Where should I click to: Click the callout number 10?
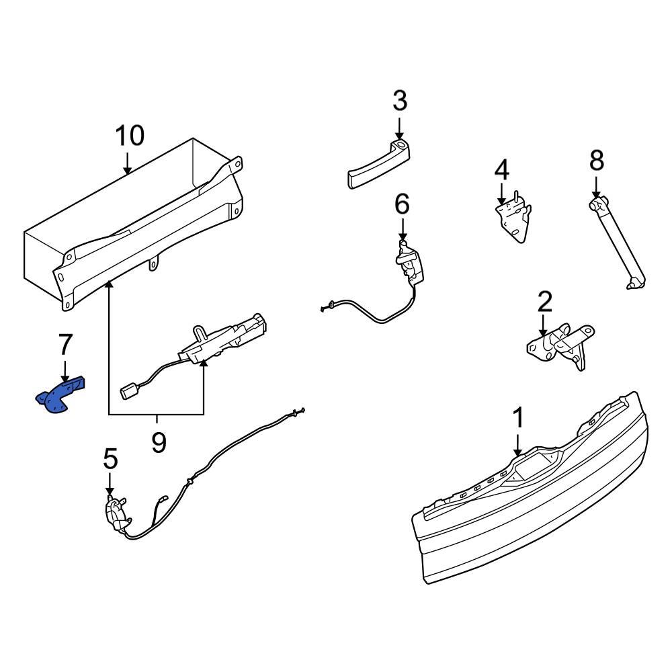click(129, 136)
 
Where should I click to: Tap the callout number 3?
click(400, 101)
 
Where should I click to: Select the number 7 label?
click(65, 345)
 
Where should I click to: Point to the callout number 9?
click(158, 442)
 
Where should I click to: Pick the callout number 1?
click(518, 418)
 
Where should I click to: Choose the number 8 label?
click(597, 161)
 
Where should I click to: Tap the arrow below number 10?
click(128, 163)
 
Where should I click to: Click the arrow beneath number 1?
click(518, 445)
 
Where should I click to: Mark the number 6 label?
click(401, 204)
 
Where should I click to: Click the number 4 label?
click(502, 170)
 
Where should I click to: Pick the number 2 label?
click(544, 302)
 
